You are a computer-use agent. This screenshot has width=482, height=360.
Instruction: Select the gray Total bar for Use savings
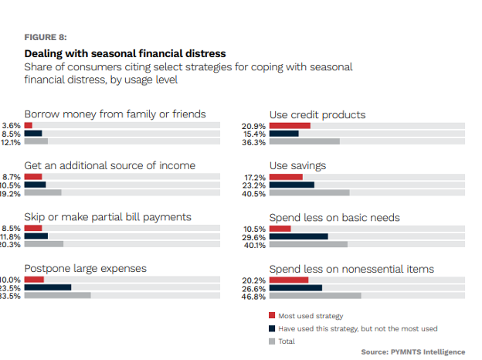[309, 193]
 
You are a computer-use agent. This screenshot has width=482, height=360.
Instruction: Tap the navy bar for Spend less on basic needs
[298, 236]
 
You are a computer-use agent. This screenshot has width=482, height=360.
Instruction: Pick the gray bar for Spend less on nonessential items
[315, 296]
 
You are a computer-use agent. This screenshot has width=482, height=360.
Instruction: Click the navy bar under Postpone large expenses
[48, 287]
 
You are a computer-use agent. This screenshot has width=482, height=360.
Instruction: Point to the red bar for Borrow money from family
[29, 125]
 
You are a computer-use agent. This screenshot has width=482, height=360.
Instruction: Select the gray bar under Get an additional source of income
[43, 193]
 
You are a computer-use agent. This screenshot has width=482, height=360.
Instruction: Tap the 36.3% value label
[254, 142]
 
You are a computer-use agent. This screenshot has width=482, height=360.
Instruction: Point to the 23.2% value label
[254, 185]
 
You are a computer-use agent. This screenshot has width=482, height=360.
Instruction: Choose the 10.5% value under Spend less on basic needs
[254, 229]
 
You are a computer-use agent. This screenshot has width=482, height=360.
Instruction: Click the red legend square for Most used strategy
[272, 315]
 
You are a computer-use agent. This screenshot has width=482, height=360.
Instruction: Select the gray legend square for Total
[272, 341]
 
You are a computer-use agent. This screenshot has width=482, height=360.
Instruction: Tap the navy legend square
[272, 328]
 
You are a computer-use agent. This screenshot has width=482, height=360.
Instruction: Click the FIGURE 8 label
[46, 37]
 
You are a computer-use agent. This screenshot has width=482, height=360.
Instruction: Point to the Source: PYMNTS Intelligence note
[413, 352]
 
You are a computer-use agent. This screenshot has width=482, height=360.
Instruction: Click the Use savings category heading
[297, 165]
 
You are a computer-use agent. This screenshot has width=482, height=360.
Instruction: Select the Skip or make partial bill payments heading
[108, 217]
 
